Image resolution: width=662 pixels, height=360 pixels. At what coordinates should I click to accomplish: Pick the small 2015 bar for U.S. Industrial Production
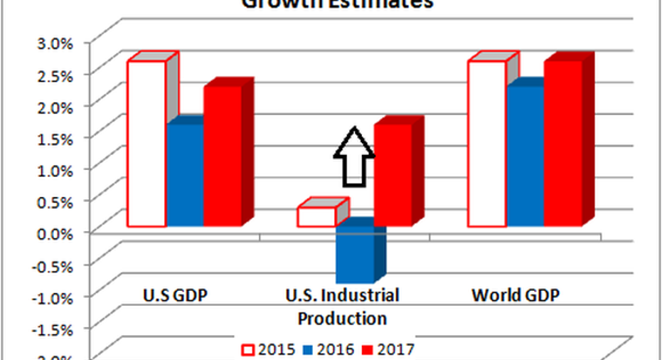pyautogui.click(x=316, y=216)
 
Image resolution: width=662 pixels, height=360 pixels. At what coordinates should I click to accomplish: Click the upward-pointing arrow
pyautogui.click(x=353, y=157)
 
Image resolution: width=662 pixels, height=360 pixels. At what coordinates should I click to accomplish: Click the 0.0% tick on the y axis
pyautogui.click(x=53, y=232)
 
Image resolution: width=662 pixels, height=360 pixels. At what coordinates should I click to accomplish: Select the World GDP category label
pyautogui.click(x=516, y=295)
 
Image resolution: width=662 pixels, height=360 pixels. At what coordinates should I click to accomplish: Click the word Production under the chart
pyautogui.click(x=342, y=317)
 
